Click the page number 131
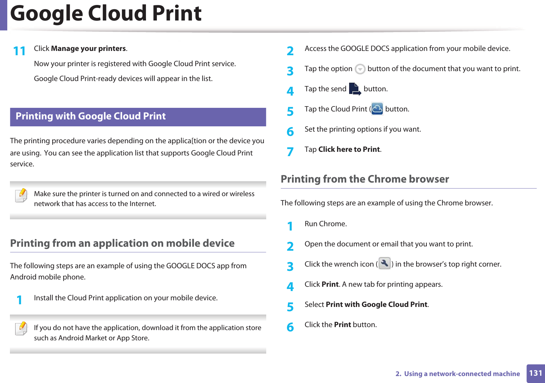click(535, 373)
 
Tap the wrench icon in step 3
click(384, 264)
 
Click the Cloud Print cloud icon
click(377, 109)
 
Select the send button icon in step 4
click(355, 89)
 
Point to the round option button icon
click(360, 69)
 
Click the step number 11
click(19, 51)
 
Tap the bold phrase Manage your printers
click(89, 49)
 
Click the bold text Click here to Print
click(349, 149)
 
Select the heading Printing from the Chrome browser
click(365, 179)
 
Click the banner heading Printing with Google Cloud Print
click(91, 116)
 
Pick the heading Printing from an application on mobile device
click(122, 243)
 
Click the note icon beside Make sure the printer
click(21, 195)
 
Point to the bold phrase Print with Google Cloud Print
click(377, 305)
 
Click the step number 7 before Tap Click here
click(290, 152)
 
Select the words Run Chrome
click(325, 224)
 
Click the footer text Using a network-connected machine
click(462, 374)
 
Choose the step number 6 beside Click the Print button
click(290, 327)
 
